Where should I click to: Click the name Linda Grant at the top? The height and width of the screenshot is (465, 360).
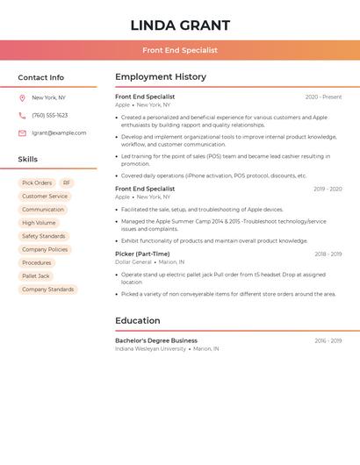180,25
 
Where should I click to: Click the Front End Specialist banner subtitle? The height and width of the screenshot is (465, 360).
180,50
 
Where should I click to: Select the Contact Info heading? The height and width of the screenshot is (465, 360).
40,77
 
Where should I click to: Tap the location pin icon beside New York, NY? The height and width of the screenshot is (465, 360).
22,97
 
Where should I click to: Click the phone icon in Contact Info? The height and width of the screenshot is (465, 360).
22,115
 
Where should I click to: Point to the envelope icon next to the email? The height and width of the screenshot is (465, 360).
22,133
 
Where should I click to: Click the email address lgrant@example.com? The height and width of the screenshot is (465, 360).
59,133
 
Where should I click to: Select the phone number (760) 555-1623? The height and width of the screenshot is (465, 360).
49,115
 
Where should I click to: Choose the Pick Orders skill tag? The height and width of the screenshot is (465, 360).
37,183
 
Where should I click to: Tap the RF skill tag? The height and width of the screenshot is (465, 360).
67,183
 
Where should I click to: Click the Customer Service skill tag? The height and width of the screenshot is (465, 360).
45,197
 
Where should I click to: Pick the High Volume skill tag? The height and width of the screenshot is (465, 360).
39,223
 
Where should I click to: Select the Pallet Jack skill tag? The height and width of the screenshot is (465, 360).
36,276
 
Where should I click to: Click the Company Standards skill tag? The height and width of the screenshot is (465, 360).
47,290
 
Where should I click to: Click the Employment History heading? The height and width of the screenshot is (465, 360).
161,77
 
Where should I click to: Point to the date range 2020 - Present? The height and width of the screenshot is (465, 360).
323,97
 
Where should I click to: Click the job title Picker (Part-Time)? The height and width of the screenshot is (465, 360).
142,254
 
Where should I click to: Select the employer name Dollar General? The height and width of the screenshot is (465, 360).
133,262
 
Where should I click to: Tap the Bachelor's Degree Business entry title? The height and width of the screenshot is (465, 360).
156,340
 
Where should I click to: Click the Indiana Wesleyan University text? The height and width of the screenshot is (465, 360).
150,349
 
